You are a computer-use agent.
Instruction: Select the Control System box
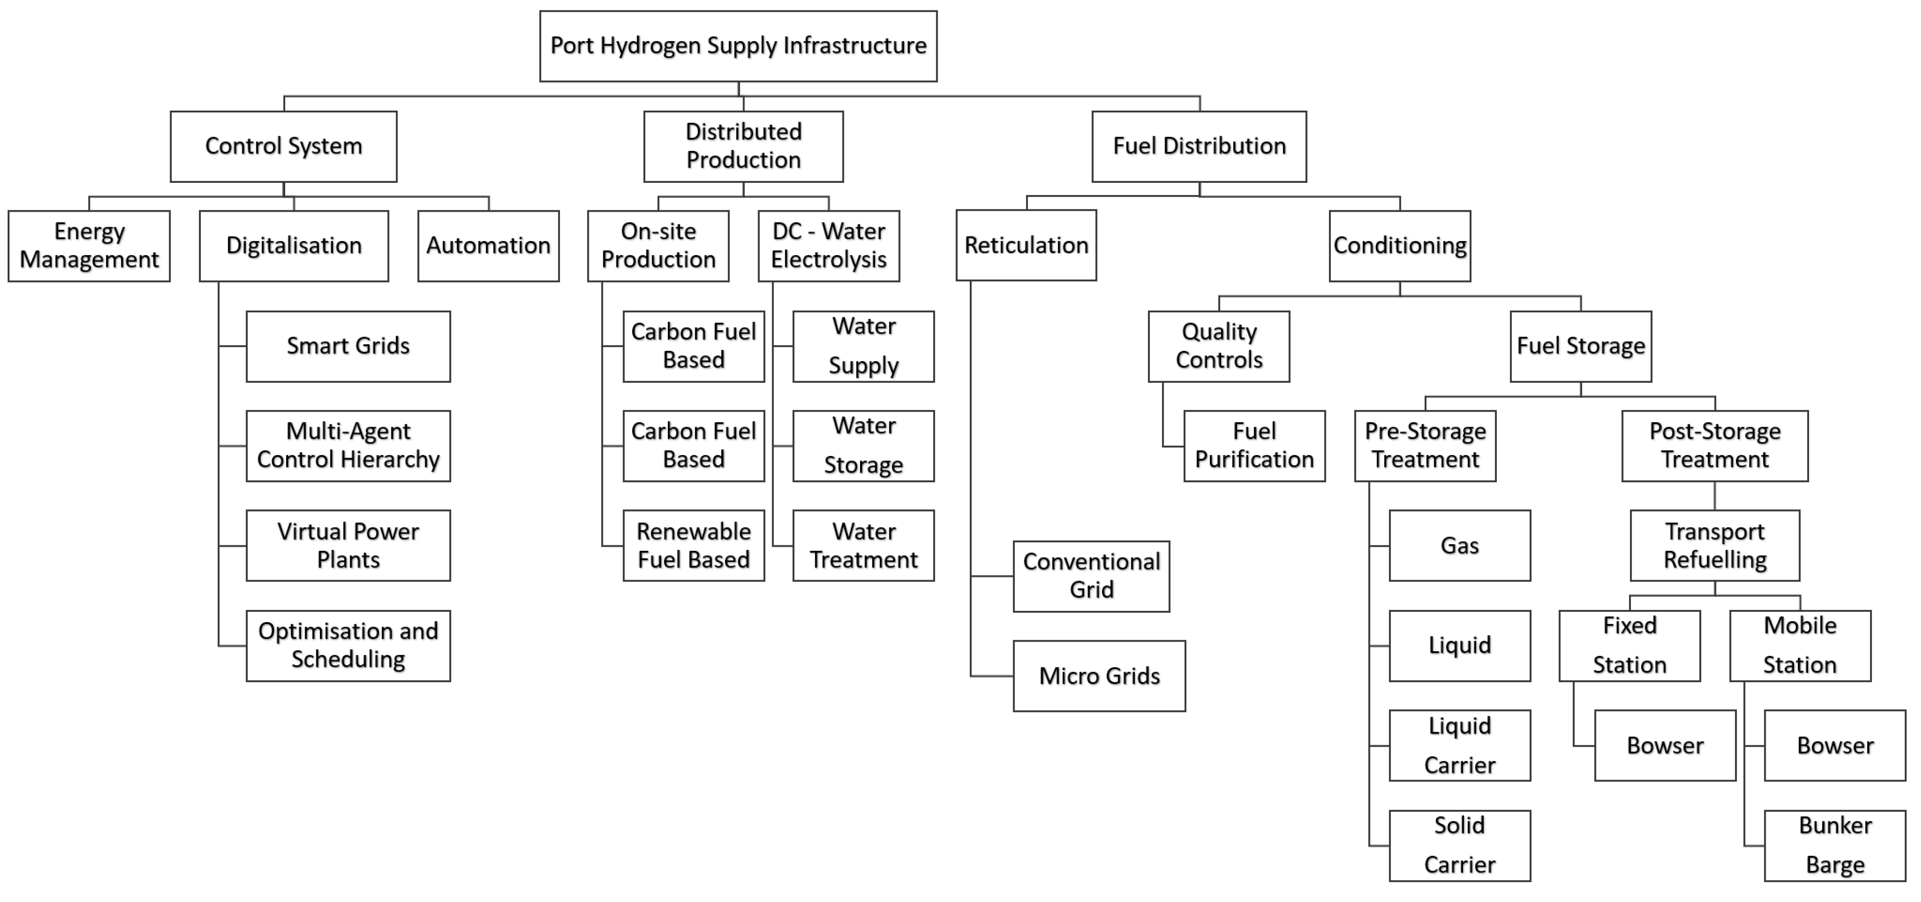point(283,146)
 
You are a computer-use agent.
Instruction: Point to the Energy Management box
point(89,246)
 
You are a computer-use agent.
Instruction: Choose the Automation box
point(488,246)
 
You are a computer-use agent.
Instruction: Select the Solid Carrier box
point(1459,845)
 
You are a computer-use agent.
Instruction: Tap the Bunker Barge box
point(1834,845)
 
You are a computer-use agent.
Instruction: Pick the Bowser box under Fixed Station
point(1665,745)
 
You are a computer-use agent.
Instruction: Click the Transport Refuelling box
point(1714,545)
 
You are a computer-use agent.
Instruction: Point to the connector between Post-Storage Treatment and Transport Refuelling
point(1714,496)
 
